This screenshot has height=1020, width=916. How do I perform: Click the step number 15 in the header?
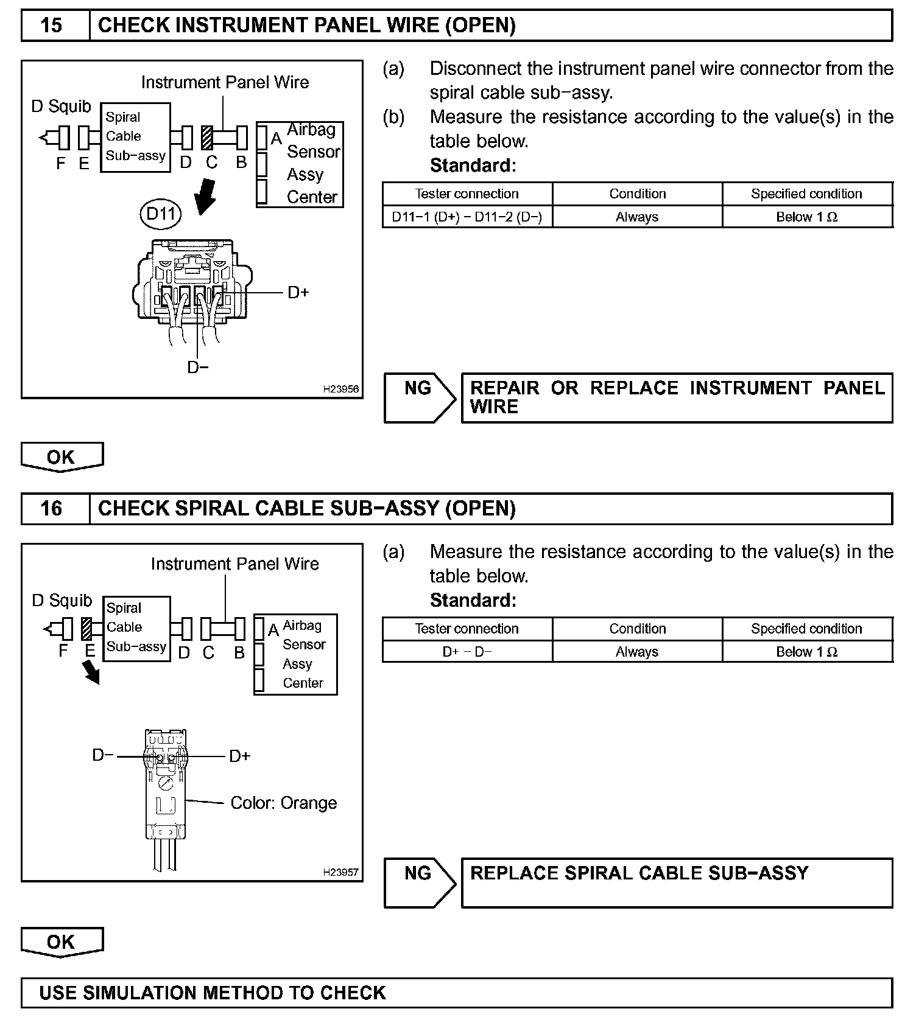(x=51, y=26)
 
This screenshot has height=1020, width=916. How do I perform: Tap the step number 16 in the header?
(x=51, y=508)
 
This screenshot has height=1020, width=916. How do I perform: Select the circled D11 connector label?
(x=160, y=214)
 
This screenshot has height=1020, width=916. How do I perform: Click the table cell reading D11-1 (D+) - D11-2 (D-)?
(x=467, y=217)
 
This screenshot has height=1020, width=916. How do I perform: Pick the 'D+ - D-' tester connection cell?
(x=467, y=652)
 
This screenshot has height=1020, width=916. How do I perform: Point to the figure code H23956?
(x=340, y=389)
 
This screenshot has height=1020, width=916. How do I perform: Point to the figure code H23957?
(x=340, y=872)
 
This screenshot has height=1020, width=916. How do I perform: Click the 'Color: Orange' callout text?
(x=283, y=803)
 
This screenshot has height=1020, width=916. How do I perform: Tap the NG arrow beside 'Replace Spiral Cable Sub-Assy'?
(x=420, y=882)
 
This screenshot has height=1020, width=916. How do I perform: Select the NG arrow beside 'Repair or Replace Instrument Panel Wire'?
(x=420, y=397)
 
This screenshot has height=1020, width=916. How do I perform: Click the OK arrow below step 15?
(x=62, y=457)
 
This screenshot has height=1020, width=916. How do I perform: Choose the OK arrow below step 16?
(x=62, y=942)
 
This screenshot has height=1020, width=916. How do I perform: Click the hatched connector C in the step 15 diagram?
(x=206, y=138)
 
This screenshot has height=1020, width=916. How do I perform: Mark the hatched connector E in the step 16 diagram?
(x=86, y=629)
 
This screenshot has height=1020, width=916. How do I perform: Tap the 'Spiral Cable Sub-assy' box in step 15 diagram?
(x=135, y=137)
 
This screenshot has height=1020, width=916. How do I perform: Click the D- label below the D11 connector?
(x=197, y=368)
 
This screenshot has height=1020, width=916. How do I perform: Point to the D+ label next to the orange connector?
(x=240, y=756)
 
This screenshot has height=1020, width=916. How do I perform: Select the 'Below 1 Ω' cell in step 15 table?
(x=807, y=217)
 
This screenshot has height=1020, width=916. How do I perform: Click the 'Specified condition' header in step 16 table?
(x=807, y=629)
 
